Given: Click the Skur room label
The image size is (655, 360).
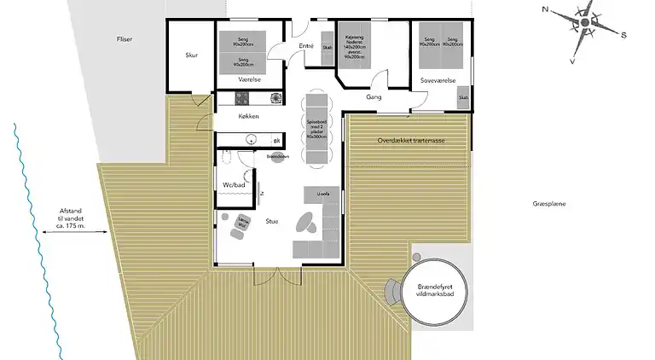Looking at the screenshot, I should click(192, 55).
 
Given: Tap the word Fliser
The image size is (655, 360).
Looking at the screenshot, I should click(125, 39).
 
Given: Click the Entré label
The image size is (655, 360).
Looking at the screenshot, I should click(307, 46).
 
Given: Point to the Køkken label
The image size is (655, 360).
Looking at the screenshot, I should click(248, 116).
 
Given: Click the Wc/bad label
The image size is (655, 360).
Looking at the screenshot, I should click(235, 184).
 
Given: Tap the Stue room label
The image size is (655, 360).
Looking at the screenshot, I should click(272, 221).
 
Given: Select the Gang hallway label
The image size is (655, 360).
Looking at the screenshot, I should click(373, 97).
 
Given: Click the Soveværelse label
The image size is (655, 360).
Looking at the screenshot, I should click(438, 81).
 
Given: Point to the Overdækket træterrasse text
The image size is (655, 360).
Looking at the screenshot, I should click(411, 140).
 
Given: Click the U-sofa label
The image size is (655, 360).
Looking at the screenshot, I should click(322, 194).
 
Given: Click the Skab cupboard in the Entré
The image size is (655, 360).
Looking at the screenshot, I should click(327, 53).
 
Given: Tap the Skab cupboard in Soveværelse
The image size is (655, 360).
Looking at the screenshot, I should click(463, 101).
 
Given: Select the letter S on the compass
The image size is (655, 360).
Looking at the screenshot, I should click(623, 35).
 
